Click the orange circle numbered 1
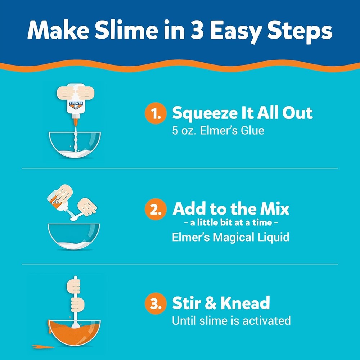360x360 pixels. coord(155,114)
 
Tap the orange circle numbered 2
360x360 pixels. coord(155,210)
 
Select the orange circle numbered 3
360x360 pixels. coord(155,304)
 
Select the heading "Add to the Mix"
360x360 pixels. coord(231,209)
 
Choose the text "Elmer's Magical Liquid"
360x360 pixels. coord(231,238)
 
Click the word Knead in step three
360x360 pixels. coord(245,303)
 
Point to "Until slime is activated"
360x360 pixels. coord(231,320)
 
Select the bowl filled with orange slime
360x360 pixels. coord(75,331)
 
